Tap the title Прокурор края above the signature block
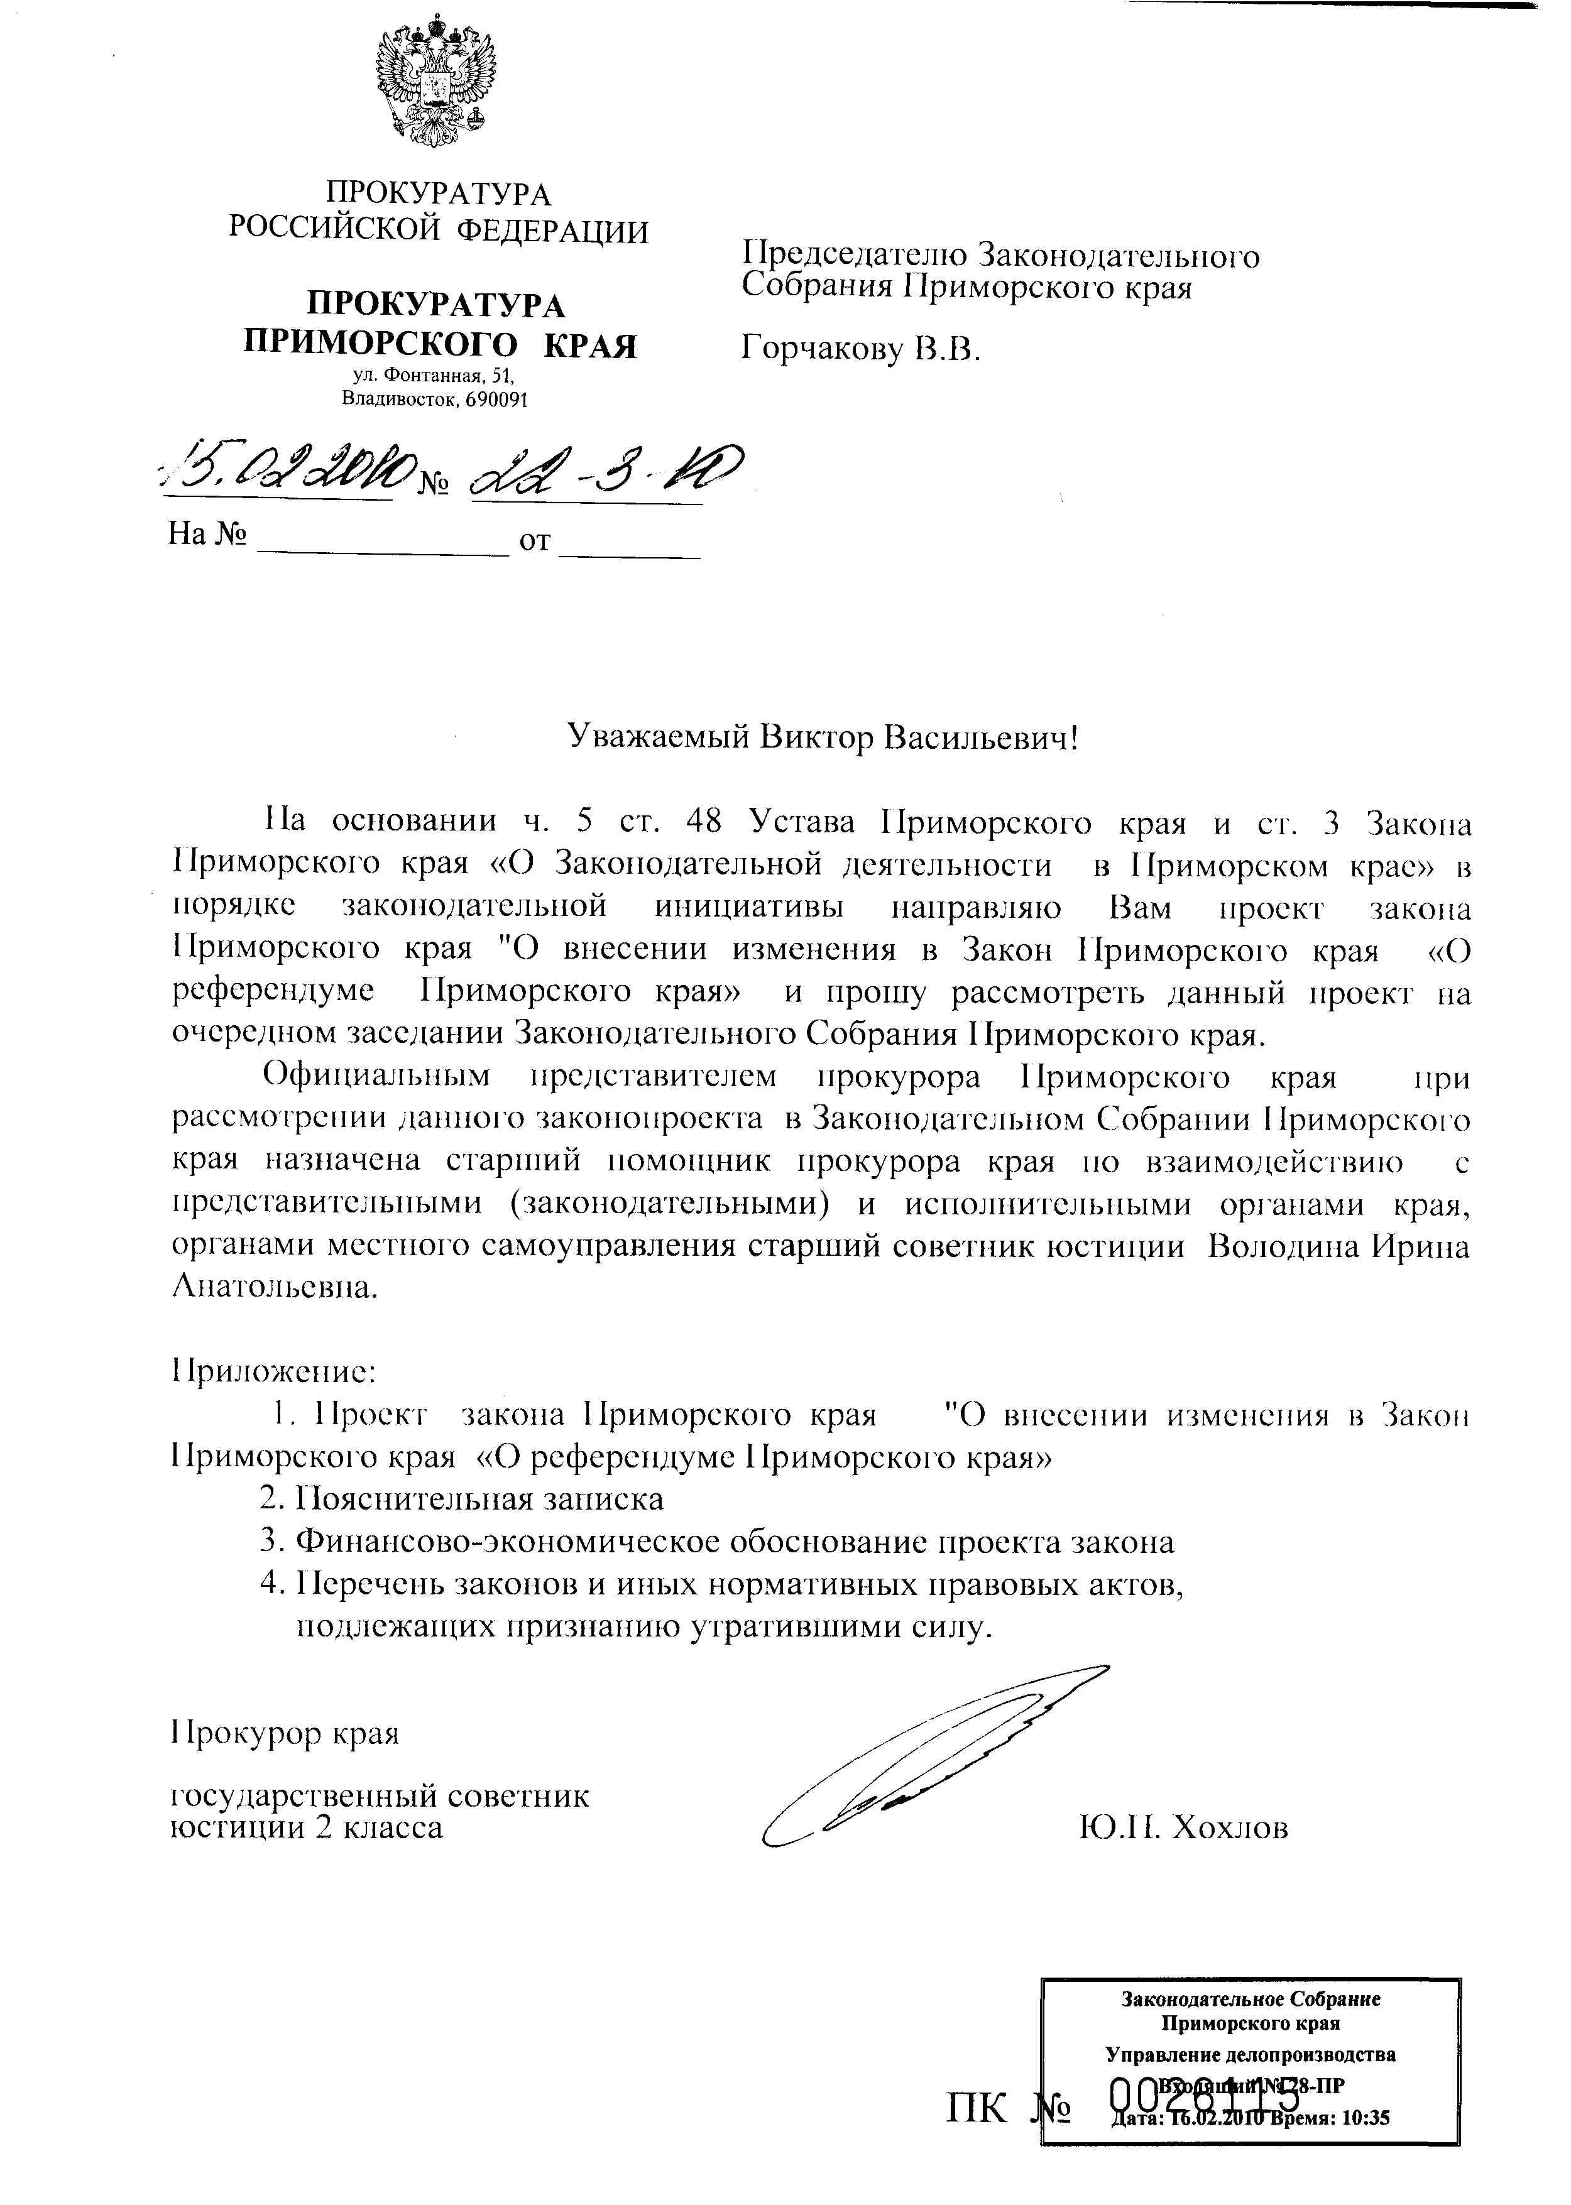pos(285,1732)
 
